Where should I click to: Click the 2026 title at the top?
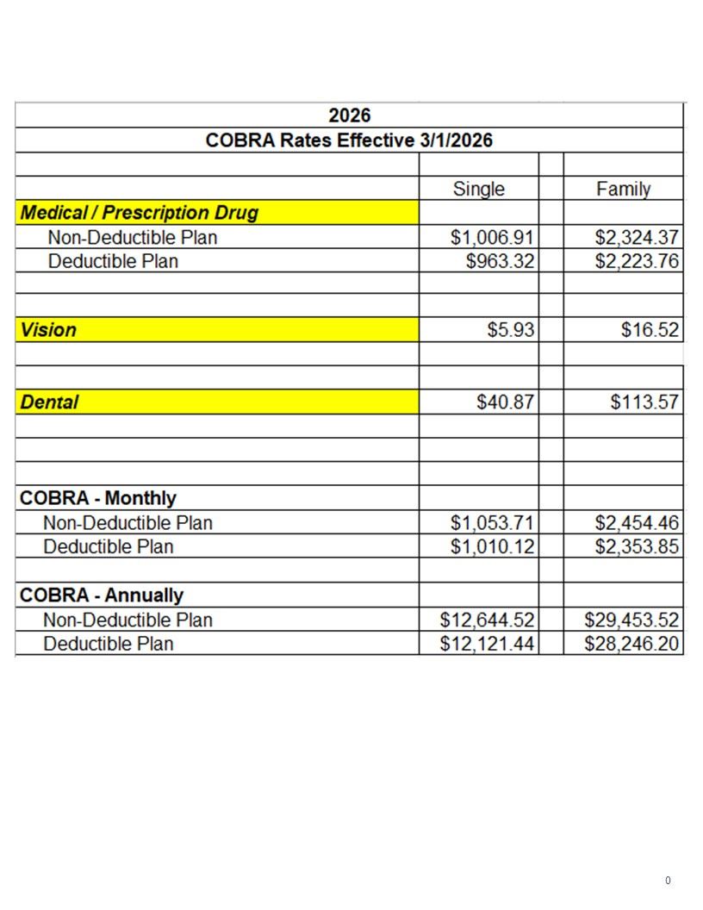pyautogui.click(x=349, y=115)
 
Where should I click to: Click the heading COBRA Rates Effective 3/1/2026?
pyautogui.click(x=349, y=140)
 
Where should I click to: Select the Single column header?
pyautogui.click(x=479, y=189)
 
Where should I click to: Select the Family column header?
pyautogui.click(x=623, y=189)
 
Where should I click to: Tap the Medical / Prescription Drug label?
pyautogui.click(x=139, y=213)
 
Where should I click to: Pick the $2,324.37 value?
pyautogui.click(x=637, y=237)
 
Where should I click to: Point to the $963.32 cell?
pyautogui.click(x=500, y=261)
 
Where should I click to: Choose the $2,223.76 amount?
pyautogui.click(x=637, y=261)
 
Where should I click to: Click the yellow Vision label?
pyautogui.click(x=48, y=330)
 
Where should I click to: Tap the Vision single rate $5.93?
pyautogui.click(x=511, y=330)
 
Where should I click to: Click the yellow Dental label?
pyautogui.click(x=49, y=402)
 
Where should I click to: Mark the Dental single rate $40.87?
pyautogui.click(x=506, y=402)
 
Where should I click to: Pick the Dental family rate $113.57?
pyautogui.click(x=644, y=402)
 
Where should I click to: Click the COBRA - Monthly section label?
pyautogui.click(x=97, y=498)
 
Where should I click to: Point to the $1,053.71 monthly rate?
pyautogui.click(x=492, y=522)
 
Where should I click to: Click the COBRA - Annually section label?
pyautogui.click(x=101, y=595)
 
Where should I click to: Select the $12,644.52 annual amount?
pyautogui.click(x=487, y=620)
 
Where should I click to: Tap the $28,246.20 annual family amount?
pyautogui.click(x=631, y=644)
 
